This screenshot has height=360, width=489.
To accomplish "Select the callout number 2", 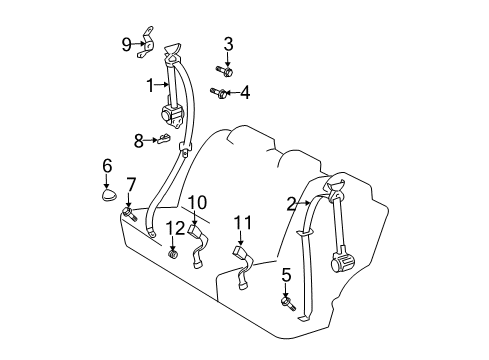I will [x=291, y=204].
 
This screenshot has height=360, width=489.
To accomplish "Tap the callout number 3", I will [x=228, y=44].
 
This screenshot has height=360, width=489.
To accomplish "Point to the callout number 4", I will [x=245, y=94].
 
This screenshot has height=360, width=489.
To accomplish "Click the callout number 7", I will [x=130, y=185].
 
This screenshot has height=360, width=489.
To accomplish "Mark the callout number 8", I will [x=139, y=140].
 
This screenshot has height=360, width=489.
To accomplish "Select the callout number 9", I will [x=127, y=43].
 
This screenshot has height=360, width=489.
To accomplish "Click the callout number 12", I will [x=176, y=229].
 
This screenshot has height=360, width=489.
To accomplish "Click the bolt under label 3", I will [x=224, y=70].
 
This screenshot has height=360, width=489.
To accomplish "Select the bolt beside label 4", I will [x=219, y=93].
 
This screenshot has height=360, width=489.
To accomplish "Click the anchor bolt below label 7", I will [x=130, y=212].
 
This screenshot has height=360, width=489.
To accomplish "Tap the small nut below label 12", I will [x=174, y=254].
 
